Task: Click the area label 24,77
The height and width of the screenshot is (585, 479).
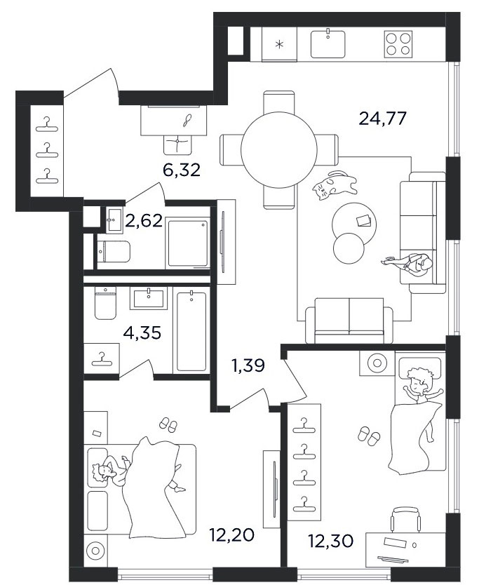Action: (382, 119)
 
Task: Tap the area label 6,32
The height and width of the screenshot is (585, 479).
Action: (182, 170)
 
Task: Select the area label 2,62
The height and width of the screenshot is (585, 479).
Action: (144, 221)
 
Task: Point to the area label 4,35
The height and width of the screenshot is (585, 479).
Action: (142, 332)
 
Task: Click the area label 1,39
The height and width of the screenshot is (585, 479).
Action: (248, 365)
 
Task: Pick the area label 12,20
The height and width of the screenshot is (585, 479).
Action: (231, 535)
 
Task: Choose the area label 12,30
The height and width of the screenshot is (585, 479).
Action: (330, 541)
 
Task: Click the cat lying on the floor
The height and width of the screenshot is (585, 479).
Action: (335, 185)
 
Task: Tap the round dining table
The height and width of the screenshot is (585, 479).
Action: (279, 150)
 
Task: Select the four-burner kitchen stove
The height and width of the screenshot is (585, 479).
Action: (398, 44)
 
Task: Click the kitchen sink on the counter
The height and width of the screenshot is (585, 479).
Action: (328, 44)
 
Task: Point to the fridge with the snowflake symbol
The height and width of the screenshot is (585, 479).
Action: (279, 44)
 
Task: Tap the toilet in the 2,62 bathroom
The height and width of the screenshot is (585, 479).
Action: (114, 251)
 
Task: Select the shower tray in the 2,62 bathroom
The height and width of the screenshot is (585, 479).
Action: (188, 243)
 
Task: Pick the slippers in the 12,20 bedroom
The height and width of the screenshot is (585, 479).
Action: (168, 425)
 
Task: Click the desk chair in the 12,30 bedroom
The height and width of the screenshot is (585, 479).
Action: (406, 520)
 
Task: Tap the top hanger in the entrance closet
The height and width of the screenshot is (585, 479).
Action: (47, 125)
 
